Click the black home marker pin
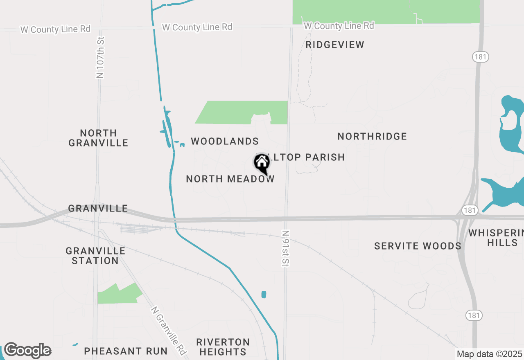(x=262, y=164)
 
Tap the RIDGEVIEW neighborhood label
(x=335, y=45)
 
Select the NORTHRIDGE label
(x=372, y=136)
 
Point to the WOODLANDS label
(x=225, y=142)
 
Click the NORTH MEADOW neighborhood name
(x=230, y=179)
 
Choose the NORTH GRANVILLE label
(x=98, y=138)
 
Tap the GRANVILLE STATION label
(x=95, y=256)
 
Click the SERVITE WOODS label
(x=418, y=246)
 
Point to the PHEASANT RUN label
(x=126, y=351)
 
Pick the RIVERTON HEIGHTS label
(x=223, y=346)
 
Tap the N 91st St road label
(x=286, y=248)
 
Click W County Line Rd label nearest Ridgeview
(x=339, y=26)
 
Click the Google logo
(x=27, y=351)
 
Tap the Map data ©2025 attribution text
(x=489, y=354)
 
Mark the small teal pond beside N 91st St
(x=264, y=295)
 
